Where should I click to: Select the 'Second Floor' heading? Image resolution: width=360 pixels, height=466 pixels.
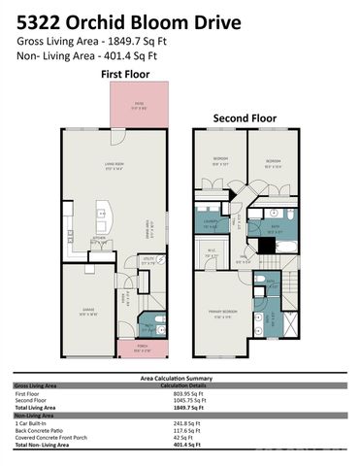click(x=245, y=118)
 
